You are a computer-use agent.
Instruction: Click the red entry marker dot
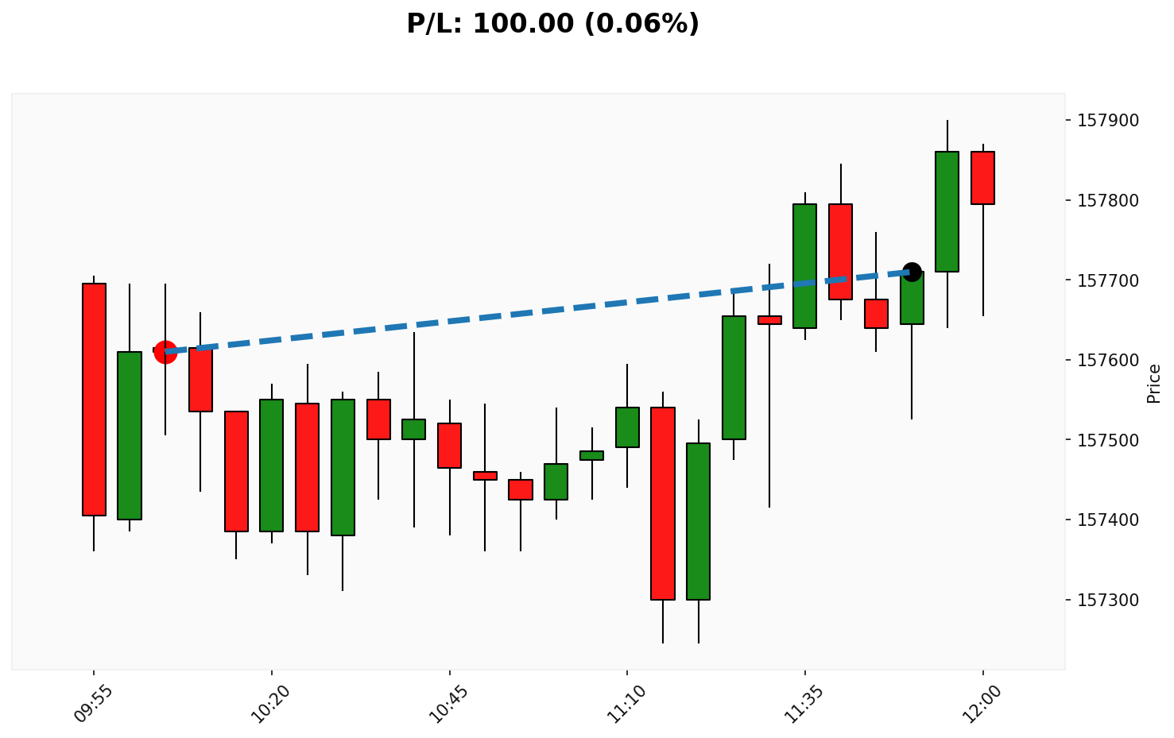click(165, 351)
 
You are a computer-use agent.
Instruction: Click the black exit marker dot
click(912, 272)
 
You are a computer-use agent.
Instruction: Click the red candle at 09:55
click(94, 400)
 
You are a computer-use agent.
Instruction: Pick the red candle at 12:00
click(982, 178)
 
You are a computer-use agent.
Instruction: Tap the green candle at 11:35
click(804, 266)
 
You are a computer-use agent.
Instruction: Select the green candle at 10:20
click(272, 465)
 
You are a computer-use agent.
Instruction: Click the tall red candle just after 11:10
click(663, 503)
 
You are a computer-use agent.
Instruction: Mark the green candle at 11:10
click(627, 427)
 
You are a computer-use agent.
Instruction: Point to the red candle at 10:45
click(449, 446)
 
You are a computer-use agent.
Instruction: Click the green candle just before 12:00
click(947, 211)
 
